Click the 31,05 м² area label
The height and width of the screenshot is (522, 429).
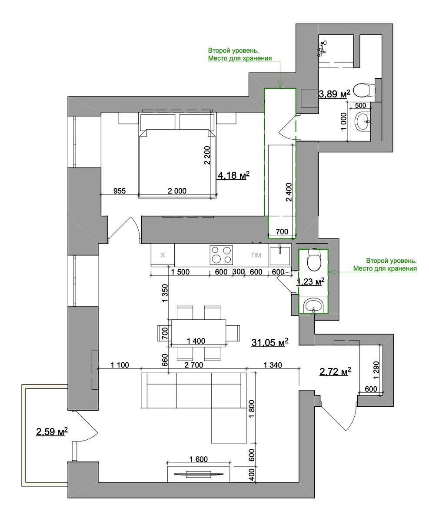270,342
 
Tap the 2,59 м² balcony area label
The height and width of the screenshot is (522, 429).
52,432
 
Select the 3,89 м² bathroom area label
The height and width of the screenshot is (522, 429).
335,94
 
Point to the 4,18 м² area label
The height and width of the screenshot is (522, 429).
234,175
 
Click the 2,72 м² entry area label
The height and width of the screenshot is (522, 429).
335,371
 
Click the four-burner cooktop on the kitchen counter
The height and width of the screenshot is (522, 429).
221,254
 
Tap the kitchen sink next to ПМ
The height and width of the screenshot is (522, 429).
279,254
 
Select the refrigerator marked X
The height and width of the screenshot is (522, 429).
163,255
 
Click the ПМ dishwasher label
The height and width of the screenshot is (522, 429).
256,255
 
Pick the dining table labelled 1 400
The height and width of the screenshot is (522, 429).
198,332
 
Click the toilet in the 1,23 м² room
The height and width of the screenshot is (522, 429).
314,260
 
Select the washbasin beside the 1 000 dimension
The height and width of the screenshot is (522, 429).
363,121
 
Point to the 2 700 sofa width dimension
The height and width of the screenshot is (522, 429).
193,365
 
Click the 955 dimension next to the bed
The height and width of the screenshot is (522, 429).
120,191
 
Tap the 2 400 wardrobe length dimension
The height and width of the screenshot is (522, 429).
289,192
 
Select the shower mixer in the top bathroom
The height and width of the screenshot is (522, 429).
322,47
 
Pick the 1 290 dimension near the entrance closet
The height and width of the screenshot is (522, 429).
376,370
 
